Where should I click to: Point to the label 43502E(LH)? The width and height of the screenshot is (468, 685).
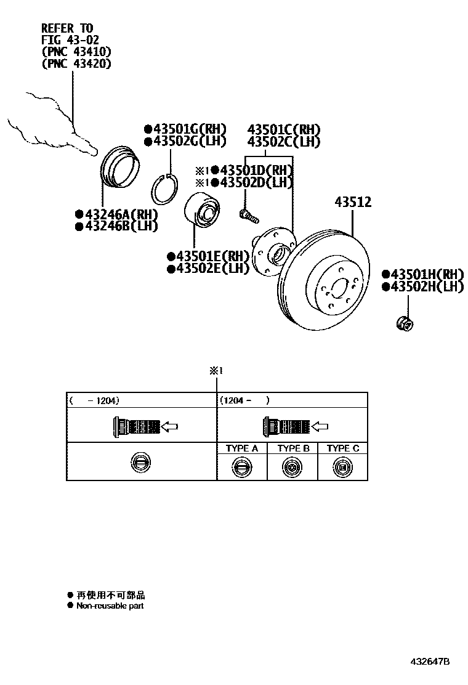[212, 268]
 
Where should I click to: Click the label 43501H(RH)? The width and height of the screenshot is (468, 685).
[426, 274]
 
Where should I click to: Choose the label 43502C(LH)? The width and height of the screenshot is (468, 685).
[284, 142]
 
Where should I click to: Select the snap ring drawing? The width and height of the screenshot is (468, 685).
[166, 188]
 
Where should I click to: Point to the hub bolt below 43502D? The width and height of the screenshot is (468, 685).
[248, 215]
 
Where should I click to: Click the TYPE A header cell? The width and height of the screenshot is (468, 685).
[241, 448]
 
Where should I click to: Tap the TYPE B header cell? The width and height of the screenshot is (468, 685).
[292, 448]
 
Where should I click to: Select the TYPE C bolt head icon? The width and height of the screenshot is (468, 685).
[342, 468]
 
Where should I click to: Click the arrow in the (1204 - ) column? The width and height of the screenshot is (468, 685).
[321, 426]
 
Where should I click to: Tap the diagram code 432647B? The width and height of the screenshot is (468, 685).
[430, 662]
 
